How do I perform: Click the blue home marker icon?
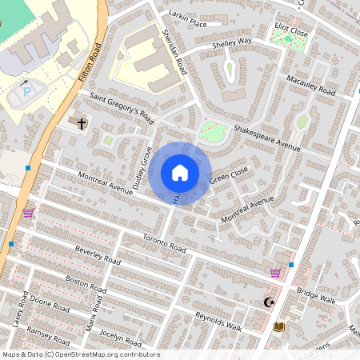(180, 173)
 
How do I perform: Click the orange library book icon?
(278, 326)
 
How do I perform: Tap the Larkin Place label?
(188, 18)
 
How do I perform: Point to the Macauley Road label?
(311, 86)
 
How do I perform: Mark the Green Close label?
(229, 176)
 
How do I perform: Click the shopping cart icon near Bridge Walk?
(275, 273)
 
